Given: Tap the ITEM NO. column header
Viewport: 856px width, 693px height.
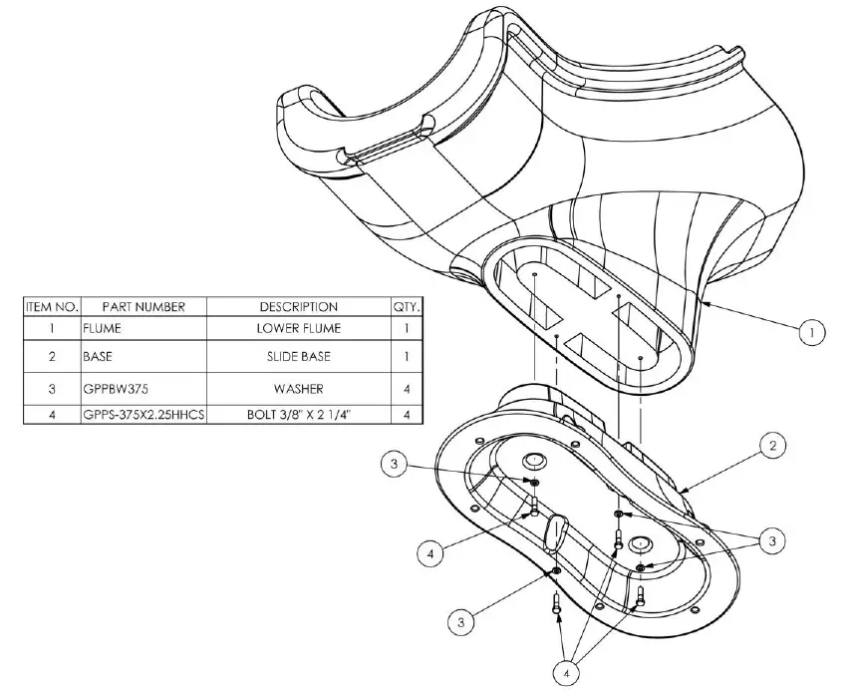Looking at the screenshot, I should coord(52,306).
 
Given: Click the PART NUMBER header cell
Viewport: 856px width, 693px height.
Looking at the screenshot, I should coord(143,306).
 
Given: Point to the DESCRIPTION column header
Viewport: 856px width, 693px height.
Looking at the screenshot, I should coord(298,306).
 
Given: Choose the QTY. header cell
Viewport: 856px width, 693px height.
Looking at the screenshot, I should coord(407,306).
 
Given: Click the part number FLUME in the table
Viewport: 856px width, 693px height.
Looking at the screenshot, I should coord(102,327).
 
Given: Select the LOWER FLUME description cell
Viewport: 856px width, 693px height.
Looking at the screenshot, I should coord(298,327).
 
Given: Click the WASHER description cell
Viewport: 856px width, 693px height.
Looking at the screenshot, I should coord(298,387).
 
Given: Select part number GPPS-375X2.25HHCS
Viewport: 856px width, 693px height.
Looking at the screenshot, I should coord(143,414).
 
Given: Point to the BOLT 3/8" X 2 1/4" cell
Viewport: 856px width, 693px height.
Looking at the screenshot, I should coord(298,414).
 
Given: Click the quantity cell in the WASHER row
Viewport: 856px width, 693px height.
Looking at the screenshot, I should coord(407,387).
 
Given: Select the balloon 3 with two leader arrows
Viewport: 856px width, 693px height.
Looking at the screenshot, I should coord(769,541).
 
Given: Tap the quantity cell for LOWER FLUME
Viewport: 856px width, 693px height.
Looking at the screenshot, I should coord(407,327).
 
